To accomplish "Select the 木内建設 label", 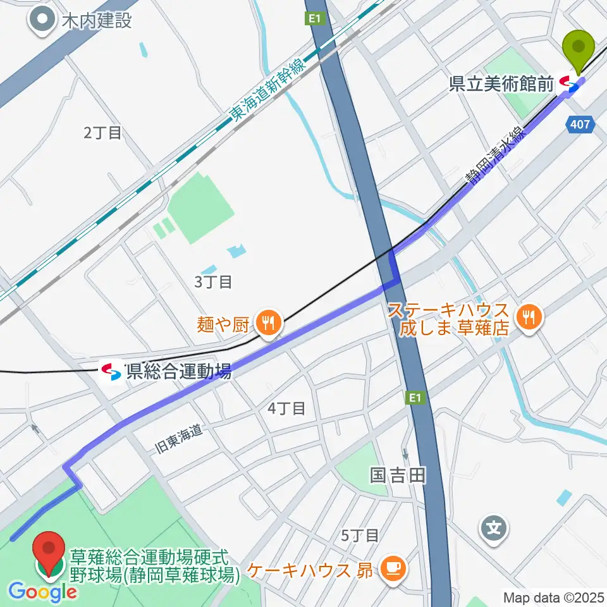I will coord(97,20).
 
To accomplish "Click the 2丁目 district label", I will coord(102,133).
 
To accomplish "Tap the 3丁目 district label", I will coord(213,282).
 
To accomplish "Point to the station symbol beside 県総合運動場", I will coord(111,371).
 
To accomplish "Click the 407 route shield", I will coord(582,125).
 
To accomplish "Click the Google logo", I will coord(43,592).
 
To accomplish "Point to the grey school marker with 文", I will coord(493,527).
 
